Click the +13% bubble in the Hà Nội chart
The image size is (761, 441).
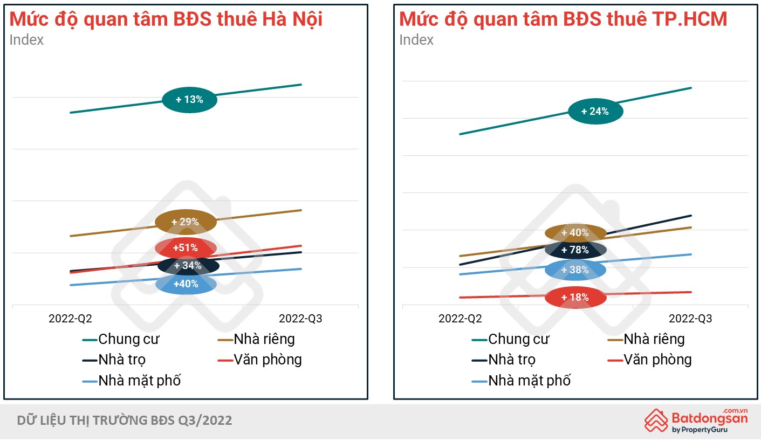[189, 100]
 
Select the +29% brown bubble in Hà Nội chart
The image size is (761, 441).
[186, 222]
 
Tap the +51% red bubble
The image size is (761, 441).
[186, 248]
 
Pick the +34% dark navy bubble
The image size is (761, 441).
[188, 266]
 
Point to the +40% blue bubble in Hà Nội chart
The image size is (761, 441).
[186, 284]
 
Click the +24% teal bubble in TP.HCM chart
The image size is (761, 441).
[595, 112]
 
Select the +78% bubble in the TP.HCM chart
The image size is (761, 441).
[575, 250]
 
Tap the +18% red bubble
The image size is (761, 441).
[575, 298]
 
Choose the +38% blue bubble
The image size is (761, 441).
[575, 270]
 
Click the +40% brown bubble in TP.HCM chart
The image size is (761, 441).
[575, 233]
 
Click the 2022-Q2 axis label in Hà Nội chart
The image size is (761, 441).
[70, 319]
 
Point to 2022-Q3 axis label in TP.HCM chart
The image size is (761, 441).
[690, 319]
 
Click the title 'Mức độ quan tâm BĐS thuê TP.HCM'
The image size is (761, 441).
[563, 19]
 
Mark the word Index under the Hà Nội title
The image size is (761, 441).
[26, 40]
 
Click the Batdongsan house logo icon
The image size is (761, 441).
[656, 421]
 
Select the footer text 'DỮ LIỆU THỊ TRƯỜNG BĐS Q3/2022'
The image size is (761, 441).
[125, 421]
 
